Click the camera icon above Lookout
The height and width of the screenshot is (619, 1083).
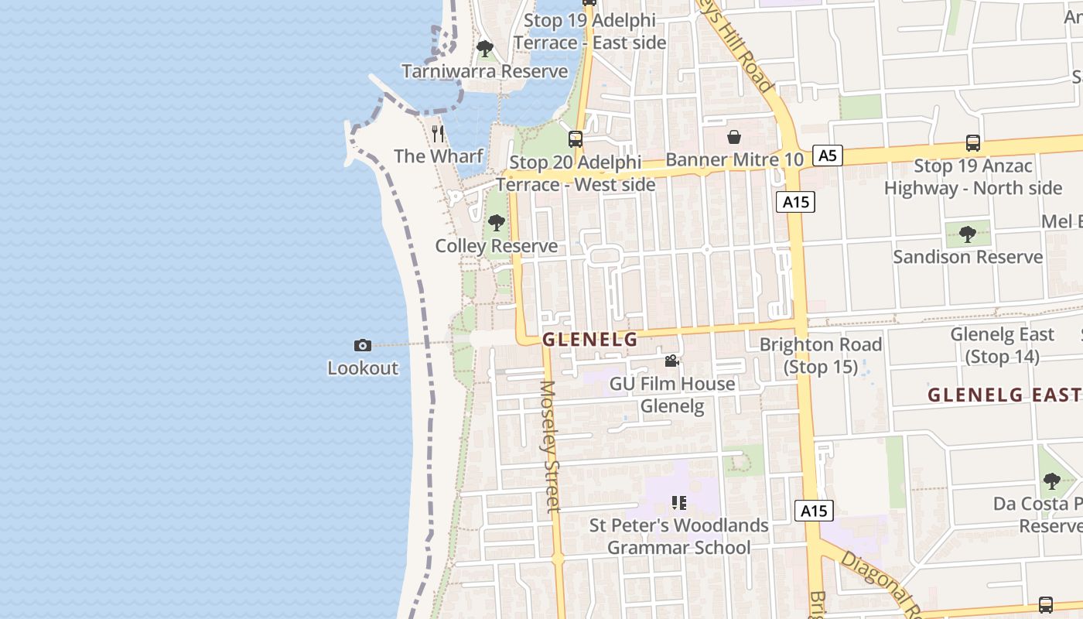pos(362,345)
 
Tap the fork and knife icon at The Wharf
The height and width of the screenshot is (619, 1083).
pos(439,133)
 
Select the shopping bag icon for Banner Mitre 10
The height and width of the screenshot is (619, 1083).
pos(734,137)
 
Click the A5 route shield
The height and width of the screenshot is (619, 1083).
pos(827,156)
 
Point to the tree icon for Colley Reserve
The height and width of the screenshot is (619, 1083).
pos(496,223)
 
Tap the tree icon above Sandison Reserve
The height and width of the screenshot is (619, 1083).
pos(967,234)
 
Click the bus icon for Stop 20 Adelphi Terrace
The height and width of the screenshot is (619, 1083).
pos(576,139)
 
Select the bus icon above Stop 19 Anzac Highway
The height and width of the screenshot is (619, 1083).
pos(973,143)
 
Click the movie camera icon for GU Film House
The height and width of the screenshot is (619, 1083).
pos(671,361)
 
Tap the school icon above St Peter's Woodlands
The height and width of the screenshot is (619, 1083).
pos(679,503)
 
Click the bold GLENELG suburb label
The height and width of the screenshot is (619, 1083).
pos(590,339)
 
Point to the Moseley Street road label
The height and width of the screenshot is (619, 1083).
pos(549,446)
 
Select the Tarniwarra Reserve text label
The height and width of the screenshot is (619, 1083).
pos(484,71)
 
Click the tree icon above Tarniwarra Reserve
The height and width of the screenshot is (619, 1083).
pos(485,49)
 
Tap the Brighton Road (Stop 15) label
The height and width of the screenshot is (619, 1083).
pos(821,355)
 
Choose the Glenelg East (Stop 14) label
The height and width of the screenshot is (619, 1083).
pos(1002,345)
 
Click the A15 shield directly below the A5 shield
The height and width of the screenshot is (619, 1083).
pos(795,202)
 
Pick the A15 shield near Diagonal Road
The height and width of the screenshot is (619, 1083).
pos(814,510)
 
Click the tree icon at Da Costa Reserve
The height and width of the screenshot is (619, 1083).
pos(1051,480)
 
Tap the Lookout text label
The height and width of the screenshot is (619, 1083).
pos(363,368)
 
